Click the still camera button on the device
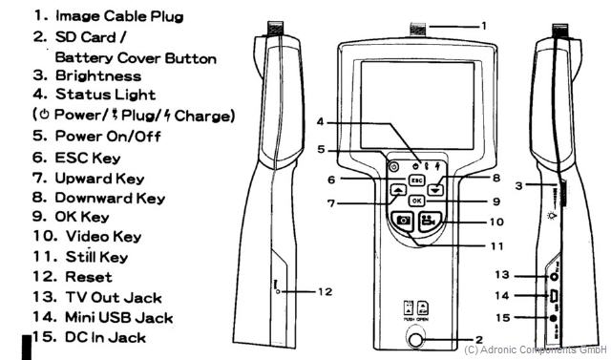(404, 224)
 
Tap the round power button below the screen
(393, 166)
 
